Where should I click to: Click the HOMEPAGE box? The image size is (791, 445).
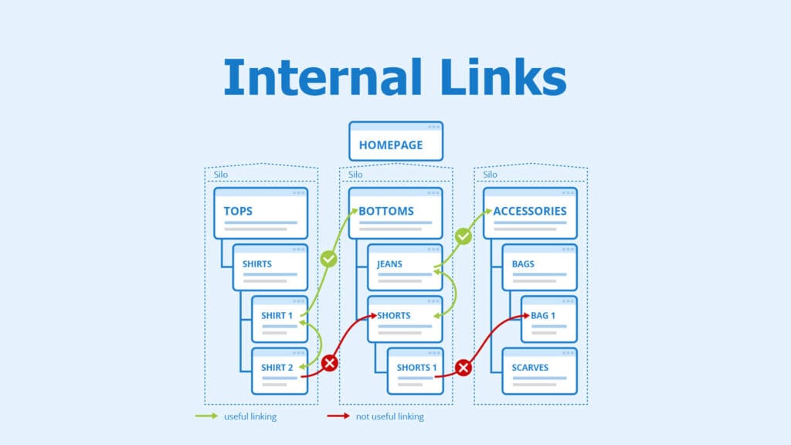pos(395,141)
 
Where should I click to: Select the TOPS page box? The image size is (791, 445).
pos(260,212)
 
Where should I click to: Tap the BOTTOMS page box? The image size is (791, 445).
pos(395,212)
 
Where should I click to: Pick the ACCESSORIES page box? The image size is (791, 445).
pos(530,212)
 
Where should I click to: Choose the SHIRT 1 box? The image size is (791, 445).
pos(279,318)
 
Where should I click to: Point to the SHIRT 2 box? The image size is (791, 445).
pos(279,370)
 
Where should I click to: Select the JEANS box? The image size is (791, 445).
pos(404,267)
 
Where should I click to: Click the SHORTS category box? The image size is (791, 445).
pos(404,318)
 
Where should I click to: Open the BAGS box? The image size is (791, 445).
pos(539,267)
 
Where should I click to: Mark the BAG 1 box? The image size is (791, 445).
pos(548,318)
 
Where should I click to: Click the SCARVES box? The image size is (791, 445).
pos(539,370)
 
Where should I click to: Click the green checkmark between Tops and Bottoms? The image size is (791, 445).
pos(329,259)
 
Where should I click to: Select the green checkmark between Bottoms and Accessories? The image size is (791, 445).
pos(463,236)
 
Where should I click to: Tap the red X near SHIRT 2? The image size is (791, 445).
pos(330,362)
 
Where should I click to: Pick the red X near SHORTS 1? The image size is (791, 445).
pos(463,369)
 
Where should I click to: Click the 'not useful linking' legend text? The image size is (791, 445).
pos(389,417)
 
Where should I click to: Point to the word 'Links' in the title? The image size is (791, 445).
pos(488,76)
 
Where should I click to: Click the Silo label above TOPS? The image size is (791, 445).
pos(221,175)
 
